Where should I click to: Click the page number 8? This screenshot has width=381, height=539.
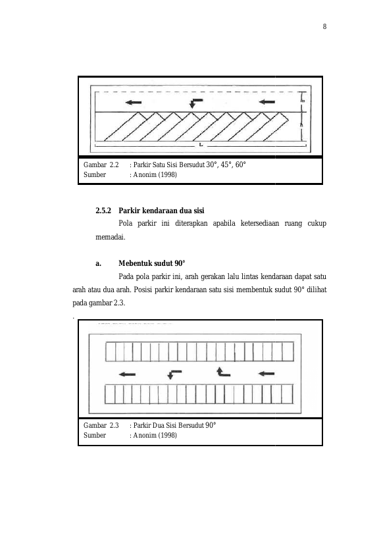coord(324,26)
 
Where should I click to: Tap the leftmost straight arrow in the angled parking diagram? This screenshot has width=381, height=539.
coord(134,102)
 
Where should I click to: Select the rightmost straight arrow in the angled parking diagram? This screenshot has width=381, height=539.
coord(267,102)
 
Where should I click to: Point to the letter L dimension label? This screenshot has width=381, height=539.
coord(201,145)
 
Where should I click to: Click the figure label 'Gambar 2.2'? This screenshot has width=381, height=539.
coord(101,165)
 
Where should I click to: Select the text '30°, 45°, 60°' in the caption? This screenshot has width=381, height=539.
coord(226,165)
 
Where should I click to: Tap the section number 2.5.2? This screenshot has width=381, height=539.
coord(103,211)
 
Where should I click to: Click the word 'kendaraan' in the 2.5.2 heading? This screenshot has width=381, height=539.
coord(161,211)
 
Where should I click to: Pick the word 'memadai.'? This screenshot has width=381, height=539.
coord(111,237)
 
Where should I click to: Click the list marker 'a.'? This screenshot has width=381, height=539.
coord(98,263)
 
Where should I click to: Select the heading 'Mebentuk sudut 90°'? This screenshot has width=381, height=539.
coord(152,263)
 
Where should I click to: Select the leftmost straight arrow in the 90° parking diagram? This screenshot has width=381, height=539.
coord(127,374)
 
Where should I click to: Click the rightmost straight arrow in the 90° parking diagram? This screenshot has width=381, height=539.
coord(267,374)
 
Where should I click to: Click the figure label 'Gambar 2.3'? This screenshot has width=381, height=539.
coord(101,425)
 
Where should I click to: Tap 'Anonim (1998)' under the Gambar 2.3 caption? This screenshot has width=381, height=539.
coord(155,435)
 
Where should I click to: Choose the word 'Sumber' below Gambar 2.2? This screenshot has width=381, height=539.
coord(95,174)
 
